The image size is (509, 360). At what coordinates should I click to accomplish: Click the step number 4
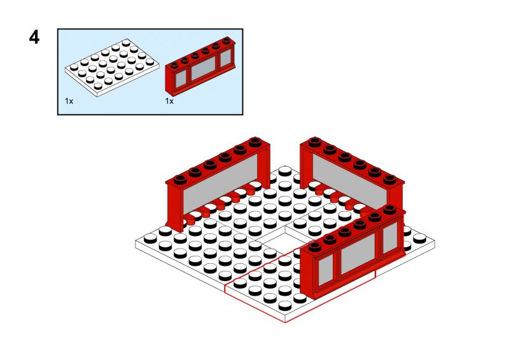[x=34, y=37]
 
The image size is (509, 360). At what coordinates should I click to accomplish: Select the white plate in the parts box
[x=112, y=67]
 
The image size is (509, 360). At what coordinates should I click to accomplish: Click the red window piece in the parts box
[x=200, y=66]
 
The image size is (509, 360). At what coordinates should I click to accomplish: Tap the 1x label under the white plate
[x=69, y=101]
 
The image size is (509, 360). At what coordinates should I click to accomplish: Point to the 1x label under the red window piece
[x=169, y=101]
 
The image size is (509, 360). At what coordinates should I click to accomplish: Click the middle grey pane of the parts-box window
[x=204, y=68]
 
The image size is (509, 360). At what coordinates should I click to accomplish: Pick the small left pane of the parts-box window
[x=181, y=79]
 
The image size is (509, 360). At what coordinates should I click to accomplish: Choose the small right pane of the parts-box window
[x=226, y=58]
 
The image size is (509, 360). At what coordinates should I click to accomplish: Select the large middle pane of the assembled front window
[x=358, y=254]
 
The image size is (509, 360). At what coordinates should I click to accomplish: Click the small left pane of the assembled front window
[x=326, y=270]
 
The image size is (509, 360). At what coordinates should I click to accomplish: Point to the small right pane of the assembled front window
[x=390, y=238]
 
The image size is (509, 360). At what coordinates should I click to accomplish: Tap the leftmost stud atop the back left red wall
[x=180, y=179]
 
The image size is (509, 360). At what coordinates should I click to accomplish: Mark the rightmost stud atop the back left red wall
[x=256, y=142]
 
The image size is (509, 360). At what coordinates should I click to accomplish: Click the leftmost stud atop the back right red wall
[x=315, y=142]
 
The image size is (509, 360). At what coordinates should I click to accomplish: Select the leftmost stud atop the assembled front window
[x=314, y=246]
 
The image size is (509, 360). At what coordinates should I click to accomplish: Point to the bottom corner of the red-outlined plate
[x=285, y=322]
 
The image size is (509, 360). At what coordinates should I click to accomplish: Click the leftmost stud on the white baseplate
[x=150, y=239]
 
